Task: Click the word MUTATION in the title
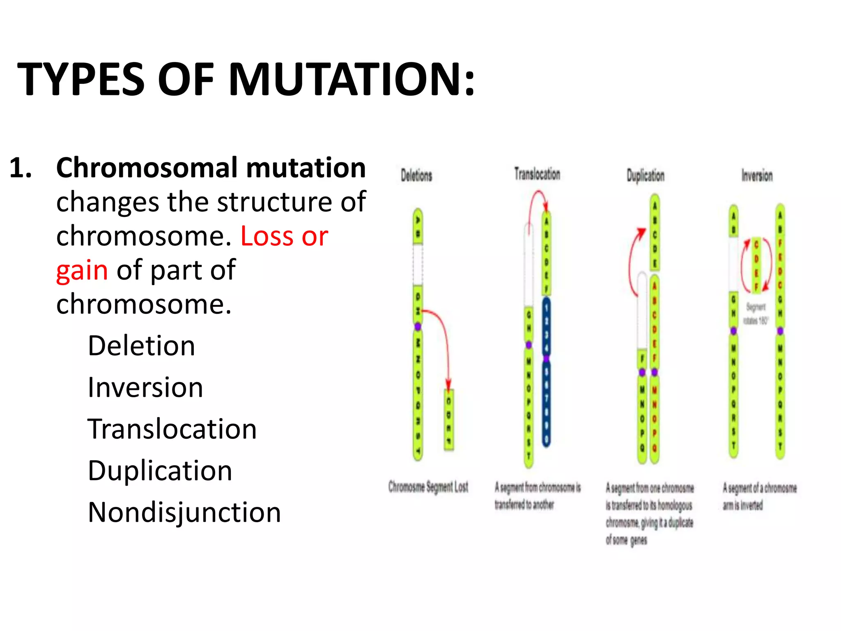pyautogui.click(x=352, y=79)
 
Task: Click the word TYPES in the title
pyautogui.click(x=80, y=79)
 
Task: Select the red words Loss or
pyautogui.click(x=284, y=236)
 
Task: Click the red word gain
pyautogui.click(x=82, y=270)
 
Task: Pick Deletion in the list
pyautogui.click(x=141, y=345)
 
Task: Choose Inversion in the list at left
pyautogui.click(x=145, y=387)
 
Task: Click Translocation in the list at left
pyautogui.click(x=172, y=429)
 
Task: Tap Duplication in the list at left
pyautogui.click(x=160, y=470)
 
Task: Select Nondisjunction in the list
pyautogui.click(x=184, y=512)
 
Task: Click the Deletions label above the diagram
pyautogui.click(x=416, y=175)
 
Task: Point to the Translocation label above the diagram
pyautogui.click(x=537, y=174)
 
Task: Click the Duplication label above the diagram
pyautogui.click(x=646, y=175)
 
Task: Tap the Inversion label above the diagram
pyautogui.click(x=757, y=175)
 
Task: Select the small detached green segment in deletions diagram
pyautogui.click(x=449, y=419)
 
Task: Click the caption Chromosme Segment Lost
pyautogui.click(x=428, y=487)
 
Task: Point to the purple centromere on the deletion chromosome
pyautogui.click(x=418, y=327)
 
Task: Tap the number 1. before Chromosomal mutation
pyautogui.click(x=21, y=168)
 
